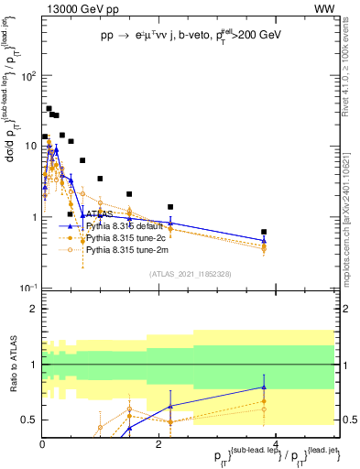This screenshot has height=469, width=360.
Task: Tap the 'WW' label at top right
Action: pyautogui.click(x=323, y=8)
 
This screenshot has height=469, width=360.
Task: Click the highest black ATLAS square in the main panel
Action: pyautogui.click(x=49, y=109)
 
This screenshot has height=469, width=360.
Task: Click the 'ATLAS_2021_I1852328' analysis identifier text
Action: pyautogui.click(x=190, y=273)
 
